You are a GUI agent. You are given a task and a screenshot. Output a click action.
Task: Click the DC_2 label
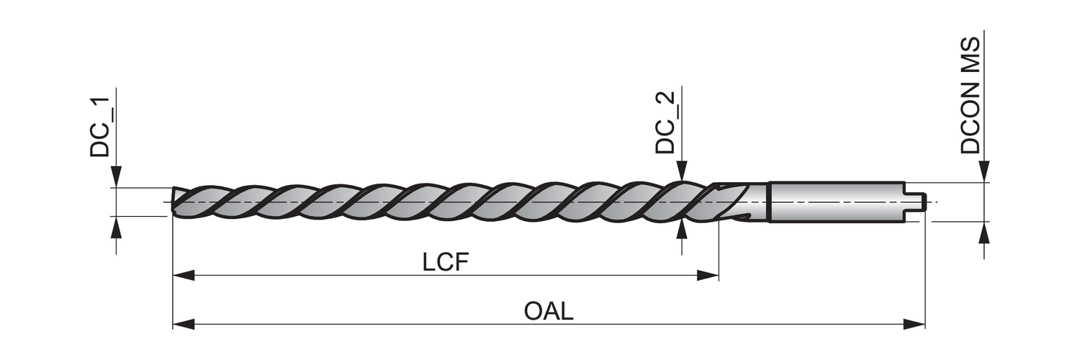[x=665, y=123]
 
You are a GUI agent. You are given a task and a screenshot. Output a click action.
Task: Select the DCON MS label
[x=971, y=96]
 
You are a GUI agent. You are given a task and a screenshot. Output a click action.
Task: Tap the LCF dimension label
[x=446, y=262]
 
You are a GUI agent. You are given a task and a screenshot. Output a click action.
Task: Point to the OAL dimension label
[x=549, y=312]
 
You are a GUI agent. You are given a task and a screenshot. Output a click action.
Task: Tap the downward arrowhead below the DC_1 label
[x=117, y=177]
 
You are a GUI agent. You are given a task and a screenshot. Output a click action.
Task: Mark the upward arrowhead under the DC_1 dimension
[x=117, y=227]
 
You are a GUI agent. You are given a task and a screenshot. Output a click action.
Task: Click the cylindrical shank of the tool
[x=835, y=201]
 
